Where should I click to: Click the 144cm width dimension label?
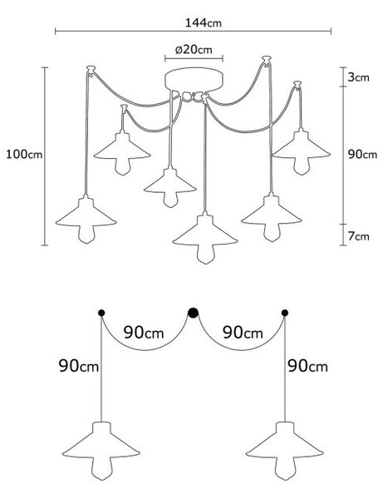click(x=204, y=23)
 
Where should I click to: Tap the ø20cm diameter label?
click(x=194, y=50)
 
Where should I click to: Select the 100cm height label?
click(x=24, y=155)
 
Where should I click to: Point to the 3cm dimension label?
click(x=358, y=77)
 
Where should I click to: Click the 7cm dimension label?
click(x=358, y=236)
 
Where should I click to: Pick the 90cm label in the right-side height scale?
click(x=362, y=155)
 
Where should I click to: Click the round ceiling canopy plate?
click(x=194, y=80)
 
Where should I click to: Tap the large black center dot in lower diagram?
click(x=193, y=313)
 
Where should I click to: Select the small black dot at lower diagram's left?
click(x=101, y=313)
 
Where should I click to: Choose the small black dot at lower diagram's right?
click(x=285, y=313)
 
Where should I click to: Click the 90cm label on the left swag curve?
click(x=144, y=333)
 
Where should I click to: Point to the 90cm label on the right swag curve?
click(x=243, y=333)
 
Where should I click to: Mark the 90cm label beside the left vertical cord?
click(x=79, y=366)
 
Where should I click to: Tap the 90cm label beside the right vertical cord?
click(x=307, y=366)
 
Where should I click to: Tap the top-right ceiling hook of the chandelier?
click(x=267, y=60)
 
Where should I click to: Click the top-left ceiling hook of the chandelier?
click(x=91, y=70)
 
